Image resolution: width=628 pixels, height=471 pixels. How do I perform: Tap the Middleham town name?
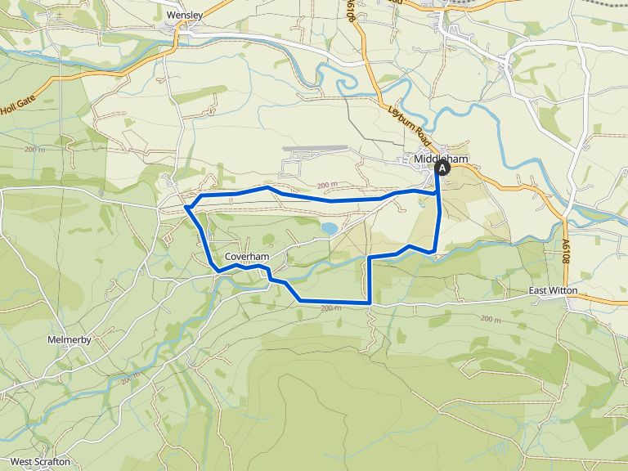(440, 159)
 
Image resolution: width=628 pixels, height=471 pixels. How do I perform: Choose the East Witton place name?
(553, 290)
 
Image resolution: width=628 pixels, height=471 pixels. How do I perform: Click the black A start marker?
(442, 168)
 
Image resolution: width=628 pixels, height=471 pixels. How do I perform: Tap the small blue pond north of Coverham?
(329, 228)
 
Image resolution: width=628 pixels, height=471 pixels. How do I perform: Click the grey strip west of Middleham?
(315, 149)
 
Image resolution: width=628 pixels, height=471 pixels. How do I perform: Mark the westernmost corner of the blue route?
(186, 208)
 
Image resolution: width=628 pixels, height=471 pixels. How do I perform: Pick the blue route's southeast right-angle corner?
(370, 303)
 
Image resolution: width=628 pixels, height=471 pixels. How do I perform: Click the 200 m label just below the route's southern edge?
(330, 308)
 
